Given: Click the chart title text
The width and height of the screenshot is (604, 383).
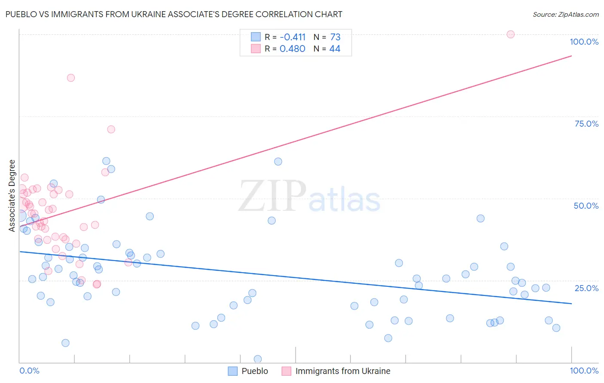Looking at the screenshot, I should coord(174,14).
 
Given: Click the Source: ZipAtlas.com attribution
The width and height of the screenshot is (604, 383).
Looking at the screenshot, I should coord(565,15).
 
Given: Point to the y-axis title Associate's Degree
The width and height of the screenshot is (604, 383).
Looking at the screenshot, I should coord(12,196).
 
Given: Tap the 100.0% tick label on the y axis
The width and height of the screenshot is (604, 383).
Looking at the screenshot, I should coord(584,42).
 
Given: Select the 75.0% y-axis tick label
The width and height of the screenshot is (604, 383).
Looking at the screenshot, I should coord(586,124).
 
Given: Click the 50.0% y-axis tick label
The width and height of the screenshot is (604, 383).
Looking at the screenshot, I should coord(586,206).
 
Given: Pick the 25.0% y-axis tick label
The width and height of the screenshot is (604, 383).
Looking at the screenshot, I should coord(586,288).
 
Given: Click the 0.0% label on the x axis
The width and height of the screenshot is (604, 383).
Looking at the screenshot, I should coord(29,371).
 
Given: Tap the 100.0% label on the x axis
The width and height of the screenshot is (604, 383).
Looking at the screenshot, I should coord(584,371).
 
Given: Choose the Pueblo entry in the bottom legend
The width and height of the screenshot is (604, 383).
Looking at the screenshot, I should coord(254,371).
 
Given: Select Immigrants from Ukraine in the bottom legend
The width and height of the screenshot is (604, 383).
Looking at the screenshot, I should coord(342,371).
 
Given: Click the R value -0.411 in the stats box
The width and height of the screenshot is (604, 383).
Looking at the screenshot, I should coord(293,37).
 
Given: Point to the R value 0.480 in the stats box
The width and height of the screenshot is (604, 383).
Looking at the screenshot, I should coord(292,49).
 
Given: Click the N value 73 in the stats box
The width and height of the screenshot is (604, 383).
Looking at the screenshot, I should coord(335,37).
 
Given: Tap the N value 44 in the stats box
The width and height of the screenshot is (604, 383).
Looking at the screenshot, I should coord(335,49).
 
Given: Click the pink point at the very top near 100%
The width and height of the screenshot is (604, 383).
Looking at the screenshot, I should coord(510,34).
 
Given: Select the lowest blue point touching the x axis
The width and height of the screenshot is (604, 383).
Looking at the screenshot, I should coord(258,359).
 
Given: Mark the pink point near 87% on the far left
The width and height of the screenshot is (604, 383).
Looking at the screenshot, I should coord(71,78).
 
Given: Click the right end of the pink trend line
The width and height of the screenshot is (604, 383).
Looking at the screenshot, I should coord(571,56).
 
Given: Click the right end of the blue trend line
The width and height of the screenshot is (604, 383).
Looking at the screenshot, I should coord(571,304).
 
